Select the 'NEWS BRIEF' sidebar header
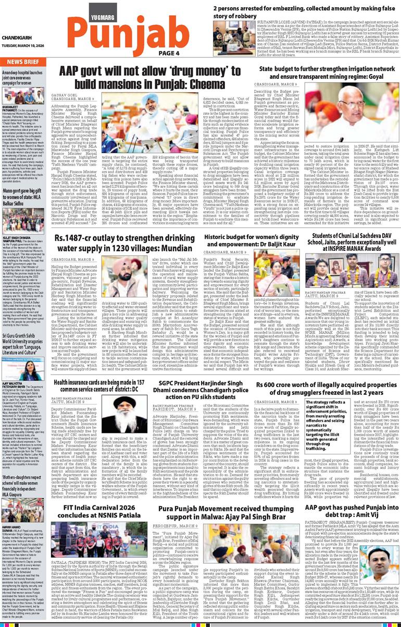point(22,61)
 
